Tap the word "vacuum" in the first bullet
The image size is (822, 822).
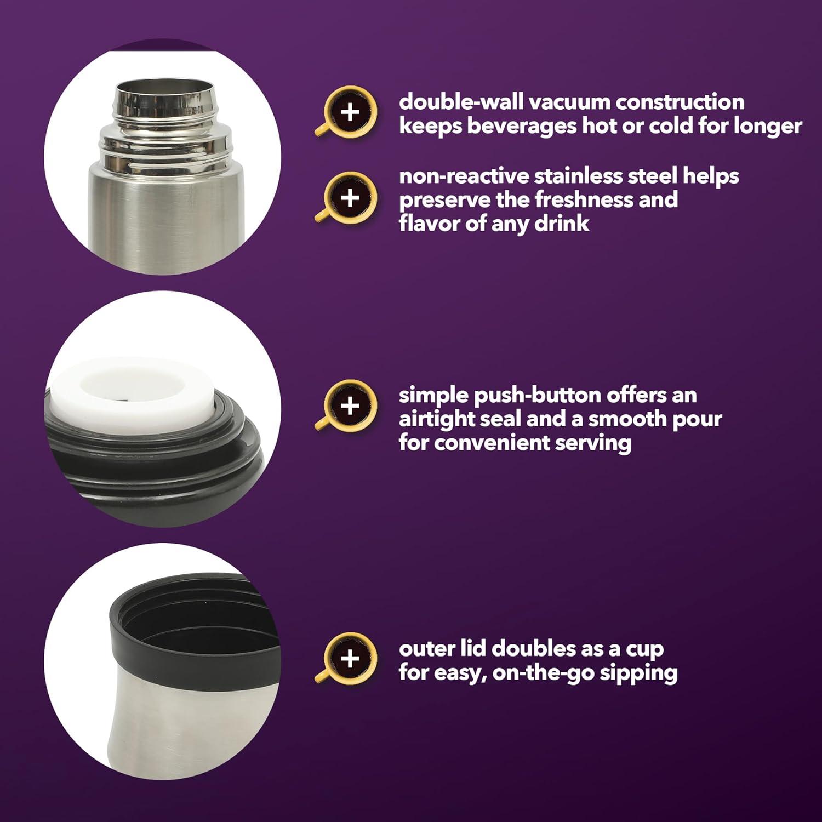click(570, 102)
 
